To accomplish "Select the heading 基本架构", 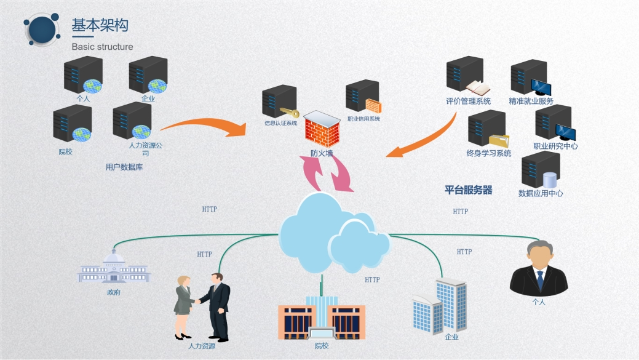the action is (100, 25).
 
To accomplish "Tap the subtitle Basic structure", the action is (102, 47).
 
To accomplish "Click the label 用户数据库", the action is (124, 167).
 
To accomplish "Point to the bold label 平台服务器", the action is (468, 190).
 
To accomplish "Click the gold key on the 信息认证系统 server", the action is (290, 112).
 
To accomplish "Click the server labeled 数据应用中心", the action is (541, 170).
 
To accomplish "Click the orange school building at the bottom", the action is (322, 318).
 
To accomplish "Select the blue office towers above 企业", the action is (440, 306).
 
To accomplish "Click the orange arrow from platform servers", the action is (424, 138).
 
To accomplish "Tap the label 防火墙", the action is (322, 153).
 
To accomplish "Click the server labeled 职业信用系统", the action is (363, 96).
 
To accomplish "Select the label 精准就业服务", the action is (531, 101).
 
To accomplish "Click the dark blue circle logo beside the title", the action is (42, 30).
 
